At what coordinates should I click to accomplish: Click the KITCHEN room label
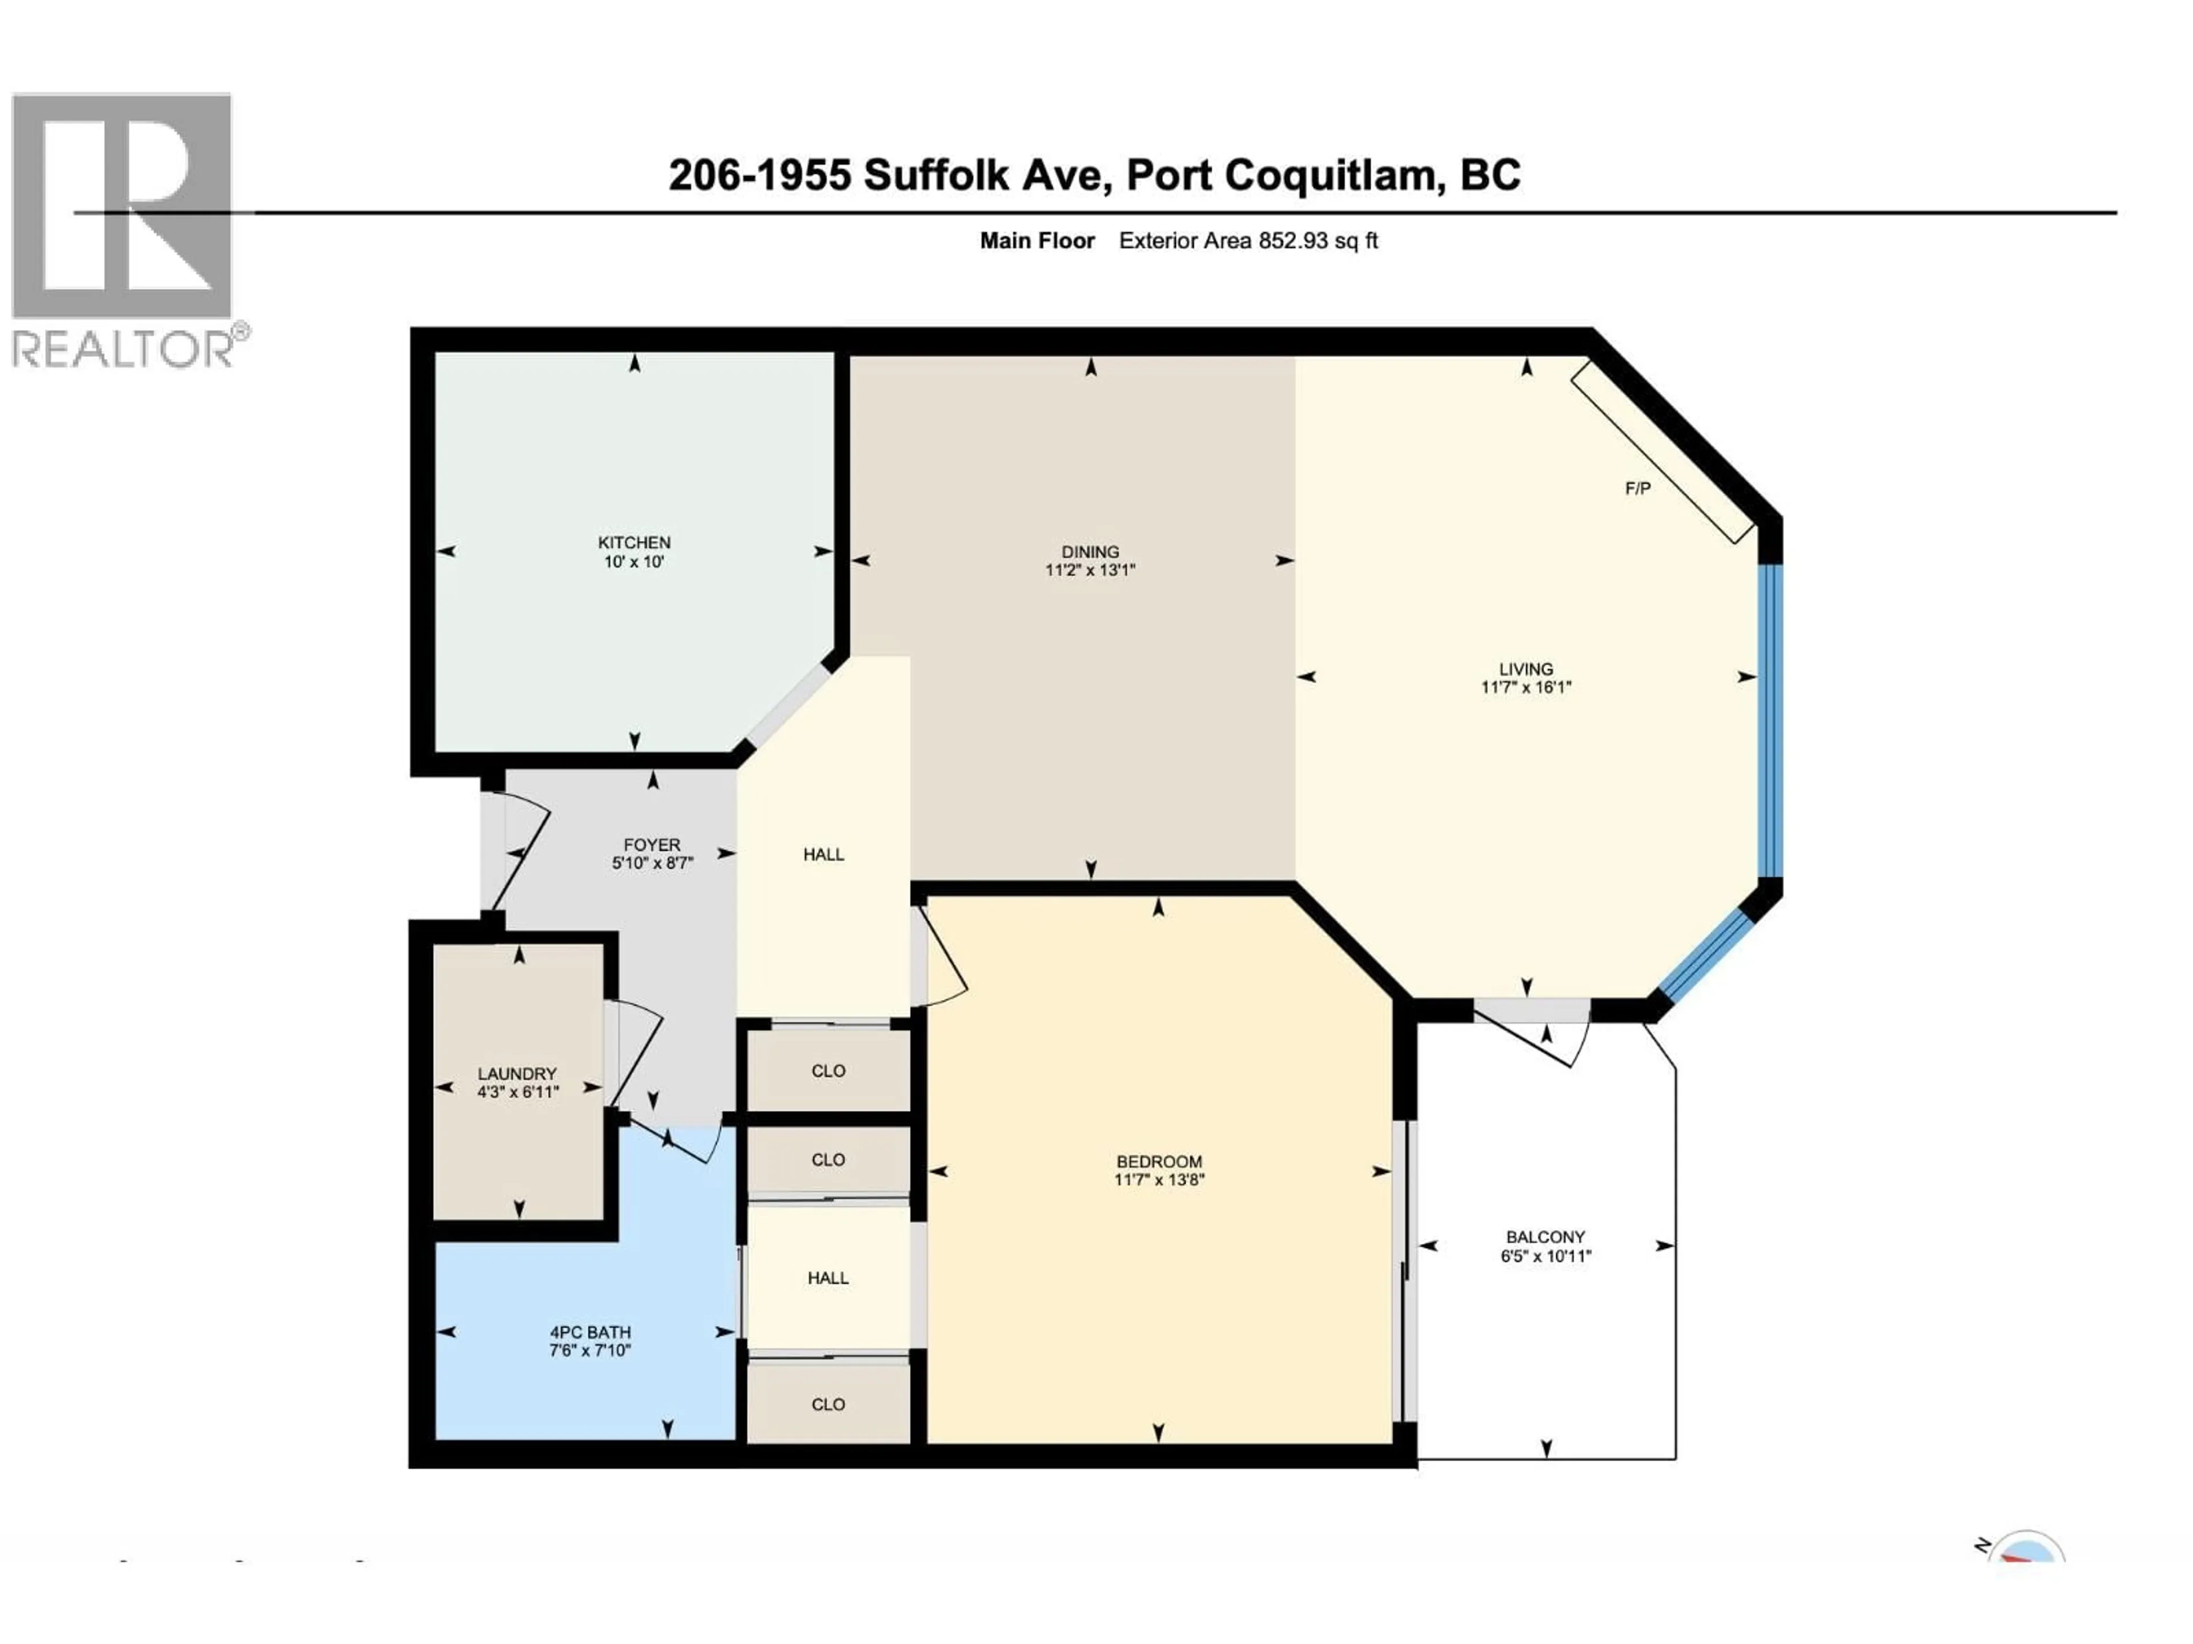tap(633, 542)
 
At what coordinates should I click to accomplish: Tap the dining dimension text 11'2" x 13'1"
tap(1090, 570)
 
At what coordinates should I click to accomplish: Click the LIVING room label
tap(1526, 669)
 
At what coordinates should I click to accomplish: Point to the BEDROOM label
tap(1159, 1162)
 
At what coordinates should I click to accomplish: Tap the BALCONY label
tap(1545, 1237)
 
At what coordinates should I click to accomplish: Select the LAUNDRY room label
tap(517, 1073)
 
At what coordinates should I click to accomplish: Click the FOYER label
tap(652, 844)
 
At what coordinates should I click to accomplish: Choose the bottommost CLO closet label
tap(828, 1404)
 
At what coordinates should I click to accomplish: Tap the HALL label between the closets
tap(828, 1278)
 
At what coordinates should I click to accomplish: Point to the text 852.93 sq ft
tap(1318, 241)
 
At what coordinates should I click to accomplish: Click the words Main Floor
tap(1037, 241)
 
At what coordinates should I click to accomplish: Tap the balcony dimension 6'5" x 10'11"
tap(1545, 1255)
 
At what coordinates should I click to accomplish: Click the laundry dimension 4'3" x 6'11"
tap(517, 1092)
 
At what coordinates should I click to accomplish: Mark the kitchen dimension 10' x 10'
tap(633, 561)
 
